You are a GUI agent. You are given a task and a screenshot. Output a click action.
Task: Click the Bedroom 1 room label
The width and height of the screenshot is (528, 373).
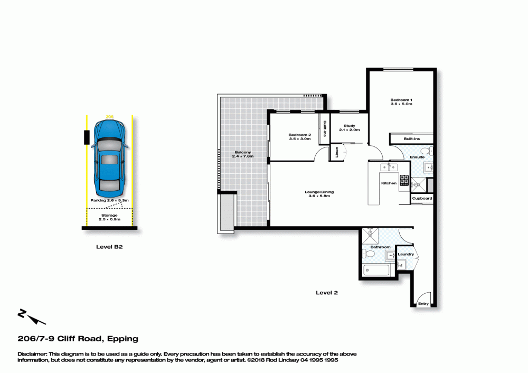tap(401, 100)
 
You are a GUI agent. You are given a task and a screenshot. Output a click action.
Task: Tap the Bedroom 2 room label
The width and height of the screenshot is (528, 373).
tap(300, 135)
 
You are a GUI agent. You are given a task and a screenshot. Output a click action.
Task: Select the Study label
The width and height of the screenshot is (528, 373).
tap(349, 126)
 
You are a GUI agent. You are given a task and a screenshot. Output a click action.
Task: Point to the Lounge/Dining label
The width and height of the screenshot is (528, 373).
tap(319, 192)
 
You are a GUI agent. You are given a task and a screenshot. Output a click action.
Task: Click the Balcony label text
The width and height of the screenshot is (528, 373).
tap(243, 152)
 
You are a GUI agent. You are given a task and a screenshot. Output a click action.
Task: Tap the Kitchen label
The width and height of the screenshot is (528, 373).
tap(389, 183)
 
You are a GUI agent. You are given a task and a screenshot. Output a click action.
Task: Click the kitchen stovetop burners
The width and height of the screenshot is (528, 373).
tap(404, 180)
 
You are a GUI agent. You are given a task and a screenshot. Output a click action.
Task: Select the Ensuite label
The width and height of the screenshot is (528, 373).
tap(417, 157)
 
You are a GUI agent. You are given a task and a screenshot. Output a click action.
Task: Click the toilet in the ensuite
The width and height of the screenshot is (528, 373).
tap(426, 150)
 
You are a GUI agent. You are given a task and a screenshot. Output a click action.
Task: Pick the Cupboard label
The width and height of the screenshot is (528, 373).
tap(422, 199)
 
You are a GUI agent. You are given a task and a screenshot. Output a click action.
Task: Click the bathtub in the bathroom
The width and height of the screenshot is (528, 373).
tap(376, 270)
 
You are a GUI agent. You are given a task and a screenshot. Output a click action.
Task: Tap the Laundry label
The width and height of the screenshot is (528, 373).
tap(406, 255)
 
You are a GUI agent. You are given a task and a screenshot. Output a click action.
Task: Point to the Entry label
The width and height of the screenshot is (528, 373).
tap(423, 304)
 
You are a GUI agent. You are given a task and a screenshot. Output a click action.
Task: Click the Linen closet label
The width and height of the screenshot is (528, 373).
tap(337, 152)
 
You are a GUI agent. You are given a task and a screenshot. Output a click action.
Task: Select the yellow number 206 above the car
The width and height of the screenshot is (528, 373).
tap(109, 117)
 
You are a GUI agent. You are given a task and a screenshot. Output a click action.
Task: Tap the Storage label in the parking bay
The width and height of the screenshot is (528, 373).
tap(109, 216)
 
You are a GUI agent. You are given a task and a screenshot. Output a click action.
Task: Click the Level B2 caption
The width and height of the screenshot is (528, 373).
tap(109, 247)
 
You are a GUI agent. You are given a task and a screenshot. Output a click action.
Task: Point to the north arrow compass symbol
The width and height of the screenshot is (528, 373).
tap(31, 316)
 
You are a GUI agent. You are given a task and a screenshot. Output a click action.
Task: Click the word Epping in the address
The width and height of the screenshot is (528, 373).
tap(122, 339)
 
